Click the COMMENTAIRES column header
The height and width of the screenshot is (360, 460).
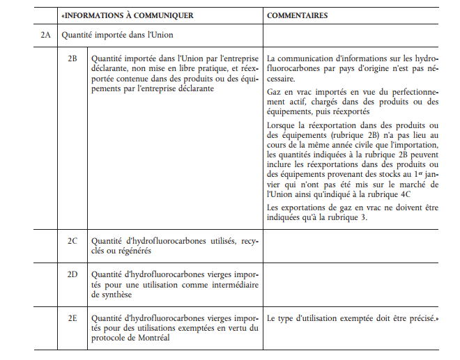tap(298, 15)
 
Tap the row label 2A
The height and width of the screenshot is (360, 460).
tap(45, 34)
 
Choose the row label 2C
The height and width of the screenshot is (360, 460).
tap(72, 241)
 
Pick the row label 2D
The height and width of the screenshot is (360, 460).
tap(72, 274)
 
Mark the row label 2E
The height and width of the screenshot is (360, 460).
tap(72, 318)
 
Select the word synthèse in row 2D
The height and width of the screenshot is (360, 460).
tap(111, 295)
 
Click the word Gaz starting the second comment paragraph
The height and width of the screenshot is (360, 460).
tap(275, 92)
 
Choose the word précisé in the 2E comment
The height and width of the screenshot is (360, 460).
tap(420, 318)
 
